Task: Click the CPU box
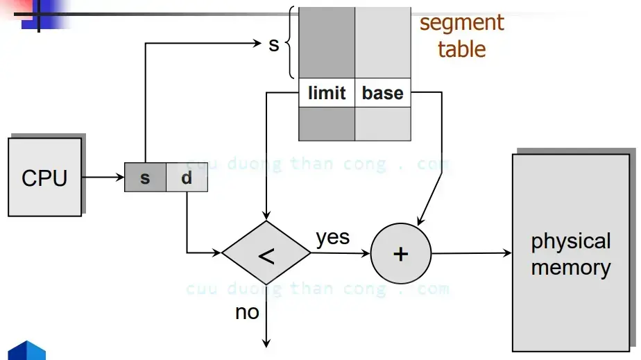pos(44,178)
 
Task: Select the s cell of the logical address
pos(145,178)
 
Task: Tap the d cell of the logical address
pos(187,178)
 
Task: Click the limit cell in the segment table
pos(327,93)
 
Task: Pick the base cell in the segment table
pos(383,93)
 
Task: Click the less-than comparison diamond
pos(266,254)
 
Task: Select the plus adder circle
pos(400,254)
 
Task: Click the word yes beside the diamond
pos(333,237)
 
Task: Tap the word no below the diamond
pos(247,312)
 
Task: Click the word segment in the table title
pos(461,22)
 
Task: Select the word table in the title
pos(461,49)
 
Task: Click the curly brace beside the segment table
pos(290,43)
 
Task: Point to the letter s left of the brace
pos(273,44)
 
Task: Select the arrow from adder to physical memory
pos(471,254)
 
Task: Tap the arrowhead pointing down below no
pos(266,341)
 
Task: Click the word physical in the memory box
pos(570,241)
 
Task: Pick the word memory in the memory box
pos(570,268)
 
